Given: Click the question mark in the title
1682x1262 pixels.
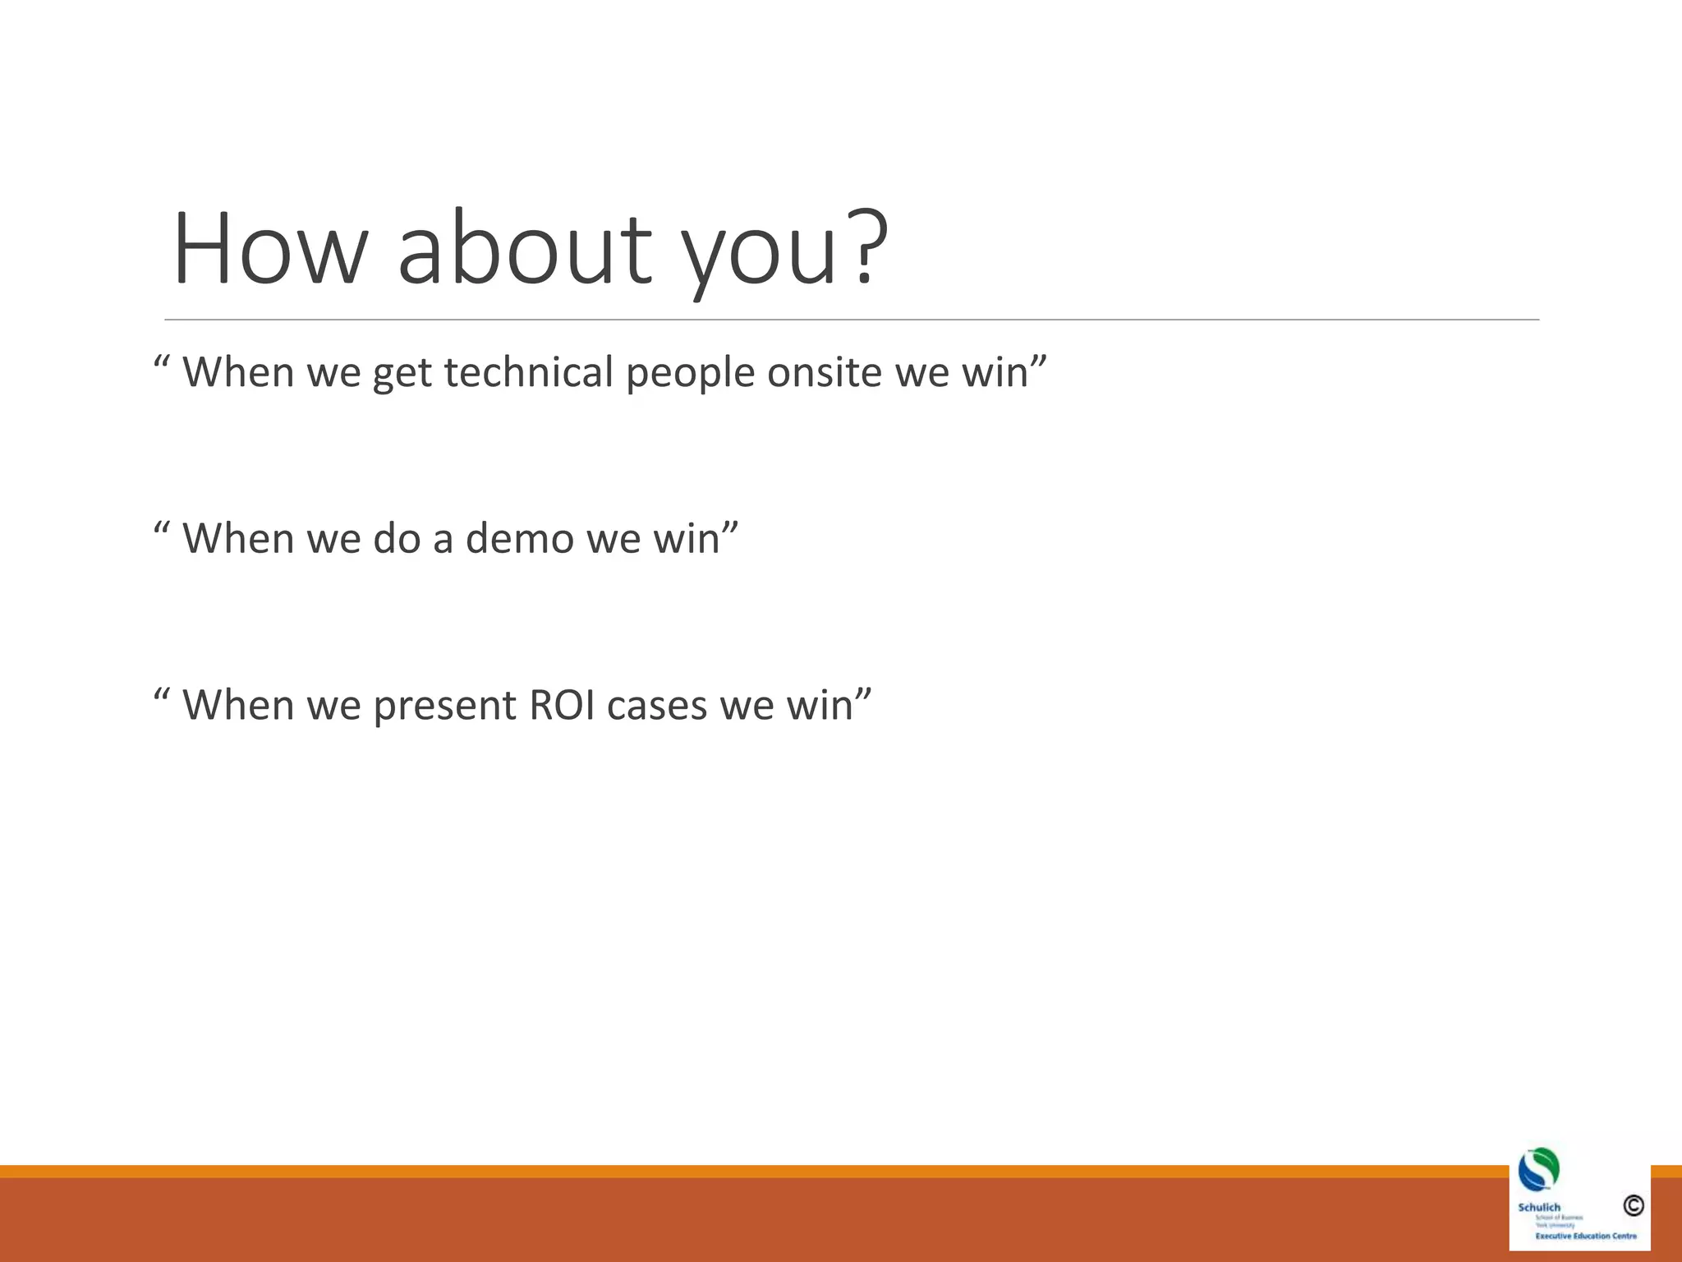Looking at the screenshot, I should tap(866, 246).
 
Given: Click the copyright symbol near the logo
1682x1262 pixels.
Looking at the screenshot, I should tap(1633, 1205).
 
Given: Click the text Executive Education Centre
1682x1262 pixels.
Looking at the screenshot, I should tap(1585, 1236).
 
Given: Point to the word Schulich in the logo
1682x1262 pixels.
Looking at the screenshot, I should tap(1539, 1207).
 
